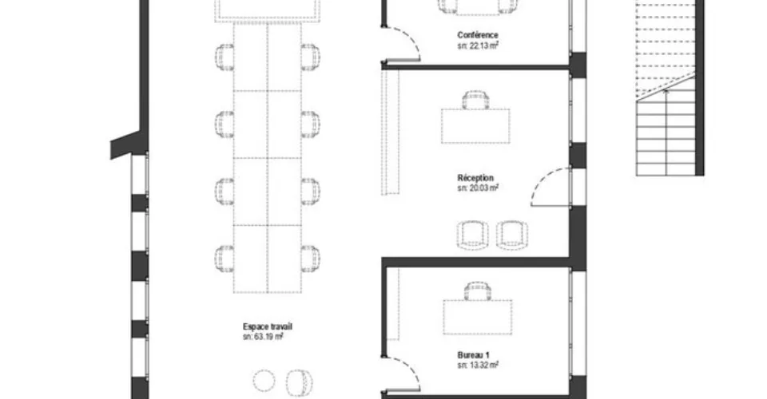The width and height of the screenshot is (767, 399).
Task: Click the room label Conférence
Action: (478, 35)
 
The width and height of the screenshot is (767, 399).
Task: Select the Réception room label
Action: (475, 178)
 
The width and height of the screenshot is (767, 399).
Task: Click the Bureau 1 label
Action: (474, 355)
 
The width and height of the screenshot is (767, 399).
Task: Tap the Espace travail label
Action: (268, 326)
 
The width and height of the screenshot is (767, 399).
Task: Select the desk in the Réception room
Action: (475, 126)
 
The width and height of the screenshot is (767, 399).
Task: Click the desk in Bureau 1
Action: (478, 317)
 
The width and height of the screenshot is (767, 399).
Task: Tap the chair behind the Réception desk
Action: (476, 100)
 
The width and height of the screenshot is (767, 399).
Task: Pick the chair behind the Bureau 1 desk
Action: (478, 291)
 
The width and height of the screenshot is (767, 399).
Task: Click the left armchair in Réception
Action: (472, 235)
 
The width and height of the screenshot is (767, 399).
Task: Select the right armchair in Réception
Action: (512, 235)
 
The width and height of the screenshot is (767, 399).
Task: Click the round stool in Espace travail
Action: (264, 381)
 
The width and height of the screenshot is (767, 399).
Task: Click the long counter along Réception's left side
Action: (391, 132)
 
